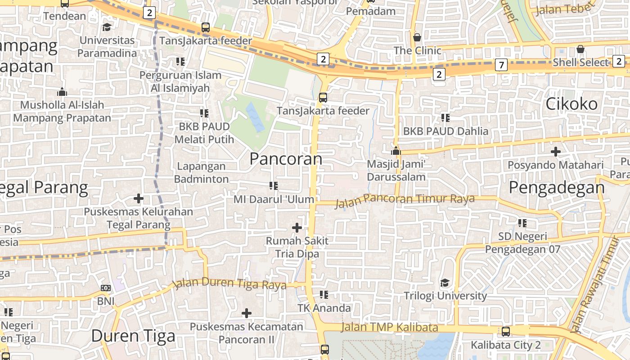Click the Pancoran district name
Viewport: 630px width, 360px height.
tap(286, 159)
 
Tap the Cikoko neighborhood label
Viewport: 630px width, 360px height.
tap(571, 104)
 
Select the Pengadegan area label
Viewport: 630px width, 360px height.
tap(557, 188)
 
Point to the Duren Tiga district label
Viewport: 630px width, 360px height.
tap(133, 336)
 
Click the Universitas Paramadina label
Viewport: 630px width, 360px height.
tap(107, 47)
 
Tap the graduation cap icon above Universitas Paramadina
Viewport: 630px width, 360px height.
tap(107, 27)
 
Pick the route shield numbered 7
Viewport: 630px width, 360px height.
tap(501, 65)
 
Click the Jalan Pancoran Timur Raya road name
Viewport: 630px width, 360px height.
tap(405, 199)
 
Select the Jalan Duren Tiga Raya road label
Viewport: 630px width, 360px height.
tap(230, 283)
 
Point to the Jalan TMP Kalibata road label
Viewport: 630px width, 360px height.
tap(389, 327)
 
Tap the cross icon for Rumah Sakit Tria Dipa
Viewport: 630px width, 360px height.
tap(297, 228)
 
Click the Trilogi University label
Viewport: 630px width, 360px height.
tap(445, 296)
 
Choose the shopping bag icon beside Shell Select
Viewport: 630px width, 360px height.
tap(580, 49)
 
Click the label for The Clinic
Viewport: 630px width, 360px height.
tap(418, 50)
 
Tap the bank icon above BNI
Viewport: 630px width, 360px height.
tap(106, 288)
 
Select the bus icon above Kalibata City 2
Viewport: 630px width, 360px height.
tap(506, 332)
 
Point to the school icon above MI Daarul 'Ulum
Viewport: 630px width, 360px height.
tap(273, 185)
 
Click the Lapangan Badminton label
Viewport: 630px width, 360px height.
tap(201, 172)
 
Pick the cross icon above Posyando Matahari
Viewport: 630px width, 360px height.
tap(556, 152)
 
